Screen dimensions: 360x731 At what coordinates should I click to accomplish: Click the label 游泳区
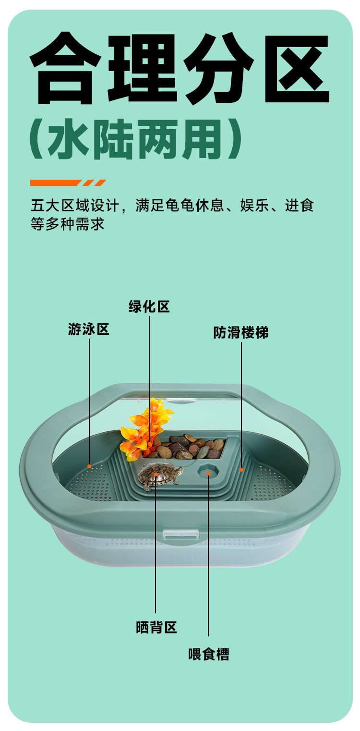pos(89,329)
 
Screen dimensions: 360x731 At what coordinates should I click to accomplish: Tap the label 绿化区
pos(149,306)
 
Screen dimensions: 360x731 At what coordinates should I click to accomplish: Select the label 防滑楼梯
pos(241,332)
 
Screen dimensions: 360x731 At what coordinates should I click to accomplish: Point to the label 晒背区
pos(156,627)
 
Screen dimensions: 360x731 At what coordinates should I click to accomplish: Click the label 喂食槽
pos(209,654)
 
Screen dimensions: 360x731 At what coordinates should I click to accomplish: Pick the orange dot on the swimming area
pos(89,466)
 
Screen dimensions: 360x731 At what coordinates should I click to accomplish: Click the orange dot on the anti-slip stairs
pos(241,469)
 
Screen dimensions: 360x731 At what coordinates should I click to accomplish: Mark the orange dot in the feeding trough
pos(208,473)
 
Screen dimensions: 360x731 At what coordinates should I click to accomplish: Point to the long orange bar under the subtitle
pos(55,183)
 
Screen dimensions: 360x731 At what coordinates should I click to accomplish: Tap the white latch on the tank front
pos(181,534)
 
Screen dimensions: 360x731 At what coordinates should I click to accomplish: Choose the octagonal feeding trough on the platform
pos(208,473)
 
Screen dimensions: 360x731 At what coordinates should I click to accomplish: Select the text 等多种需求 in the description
pos(67,224)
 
